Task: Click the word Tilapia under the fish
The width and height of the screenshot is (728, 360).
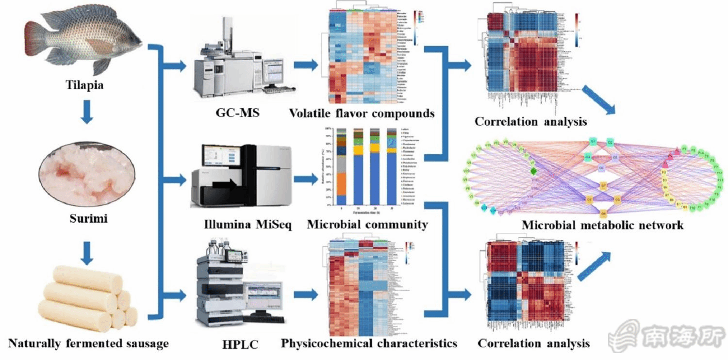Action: (85, 86)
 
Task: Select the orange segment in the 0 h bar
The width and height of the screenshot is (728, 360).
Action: (341, 184)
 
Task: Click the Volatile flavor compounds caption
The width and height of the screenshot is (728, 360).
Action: (362, 114)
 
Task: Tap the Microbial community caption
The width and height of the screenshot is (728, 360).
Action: (367, 225)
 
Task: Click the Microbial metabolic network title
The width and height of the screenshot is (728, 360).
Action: (602, 225)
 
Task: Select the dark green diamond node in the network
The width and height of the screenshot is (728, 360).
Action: (534, 170)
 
